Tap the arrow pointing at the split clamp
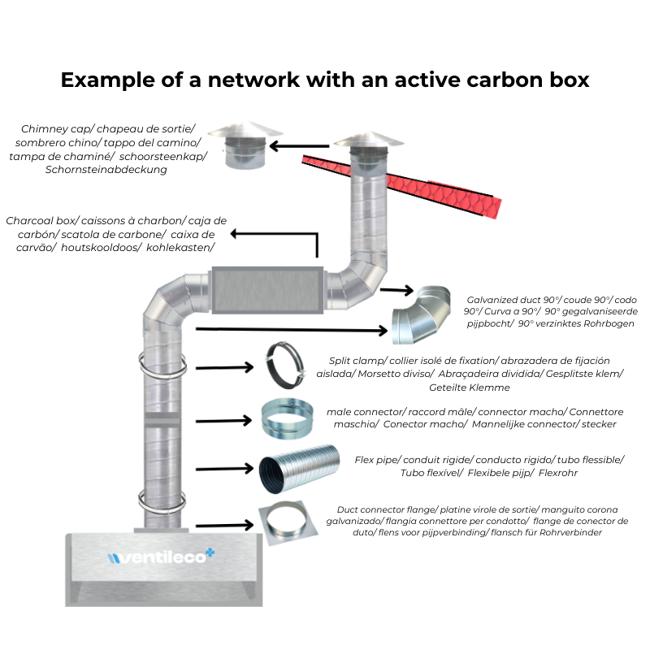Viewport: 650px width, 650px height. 224,367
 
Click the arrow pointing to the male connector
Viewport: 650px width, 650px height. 224,420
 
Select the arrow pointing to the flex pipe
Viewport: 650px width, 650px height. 224,469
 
